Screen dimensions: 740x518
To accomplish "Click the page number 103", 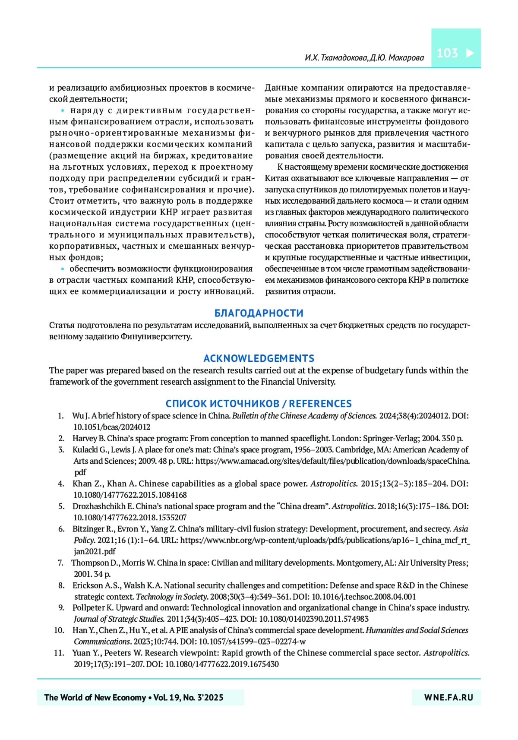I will pos(447,53).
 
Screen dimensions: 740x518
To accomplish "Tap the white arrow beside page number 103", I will pos(470,53).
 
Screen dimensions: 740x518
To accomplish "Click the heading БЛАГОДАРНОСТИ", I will pos(259,313).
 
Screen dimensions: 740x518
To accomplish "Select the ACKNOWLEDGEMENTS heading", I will pos(259,358).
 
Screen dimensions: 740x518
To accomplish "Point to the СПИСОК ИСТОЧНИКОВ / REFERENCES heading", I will pos(259,404).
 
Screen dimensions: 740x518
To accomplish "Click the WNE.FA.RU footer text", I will pos(449,697).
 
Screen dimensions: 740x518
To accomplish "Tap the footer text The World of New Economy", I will pos(95,697).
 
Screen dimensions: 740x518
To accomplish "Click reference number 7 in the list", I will pos(61,563).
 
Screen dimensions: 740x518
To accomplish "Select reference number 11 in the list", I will pos(59,653).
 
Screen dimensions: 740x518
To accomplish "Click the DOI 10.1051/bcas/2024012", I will pos(112,427).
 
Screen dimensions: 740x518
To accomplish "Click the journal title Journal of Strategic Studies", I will pos(119,619).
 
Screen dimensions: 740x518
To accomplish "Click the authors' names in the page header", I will pos(364,57).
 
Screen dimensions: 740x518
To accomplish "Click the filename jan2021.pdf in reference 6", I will pos(95,551).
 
